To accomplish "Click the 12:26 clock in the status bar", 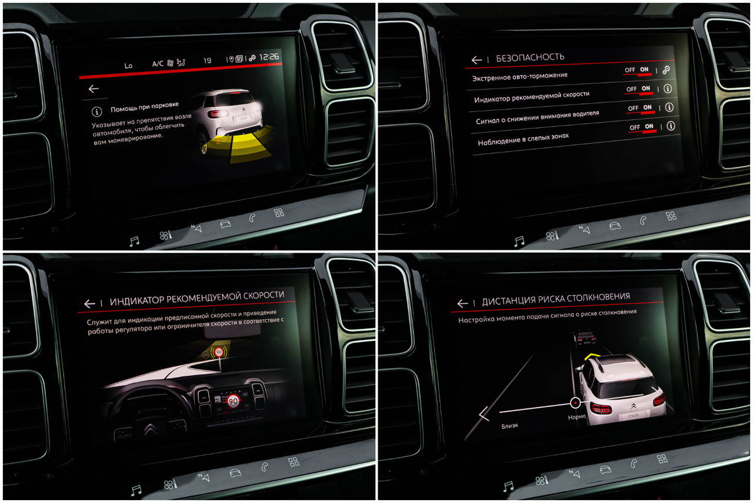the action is tap(269, 57).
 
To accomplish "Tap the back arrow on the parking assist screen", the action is tap(94, 89).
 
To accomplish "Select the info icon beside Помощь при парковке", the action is tap(97, 111).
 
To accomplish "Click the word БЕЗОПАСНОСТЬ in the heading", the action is tap(530, 58).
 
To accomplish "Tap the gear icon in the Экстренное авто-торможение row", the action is tap(666, 70).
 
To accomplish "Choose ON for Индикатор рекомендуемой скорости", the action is tap(646, 88).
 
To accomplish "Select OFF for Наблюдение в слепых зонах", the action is tap(635, 127).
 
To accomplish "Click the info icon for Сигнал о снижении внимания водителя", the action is tap(669, 107).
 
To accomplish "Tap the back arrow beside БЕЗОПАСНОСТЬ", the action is tap(477, 60).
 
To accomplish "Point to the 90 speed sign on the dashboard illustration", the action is tap(233, 401).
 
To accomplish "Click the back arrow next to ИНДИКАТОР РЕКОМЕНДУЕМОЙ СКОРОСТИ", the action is tap(89, 304).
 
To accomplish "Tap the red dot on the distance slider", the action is tap(575, 403).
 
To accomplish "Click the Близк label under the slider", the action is tap(509, 426).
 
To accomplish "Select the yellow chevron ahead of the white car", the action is tap(592, 356).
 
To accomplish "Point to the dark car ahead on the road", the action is tap(585, 337).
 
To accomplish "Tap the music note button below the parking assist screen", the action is tap(135, 241).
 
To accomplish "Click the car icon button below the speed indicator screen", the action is tap(235, 473).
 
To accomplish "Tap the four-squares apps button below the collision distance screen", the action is tap(662, 459).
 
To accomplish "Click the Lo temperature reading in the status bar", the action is tap(128, 65).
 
